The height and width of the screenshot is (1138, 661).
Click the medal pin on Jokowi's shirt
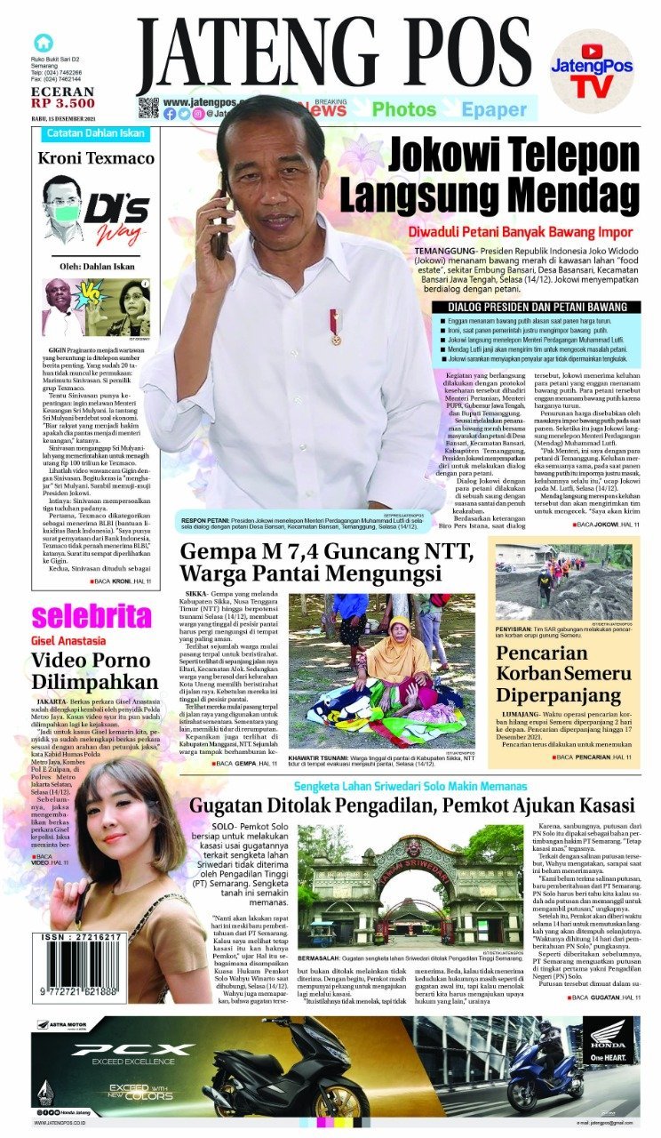point(335,325)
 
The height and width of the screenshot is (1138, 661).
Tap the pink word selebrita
point(92,616)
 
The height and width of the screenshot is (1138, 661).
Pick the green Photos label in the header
point(403,110)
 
